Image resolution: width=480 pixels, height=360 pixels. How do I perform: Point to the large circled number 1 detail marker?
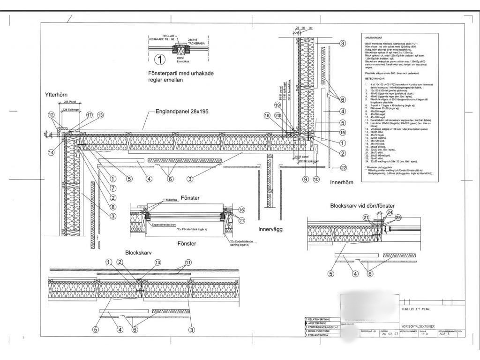click(160, 59)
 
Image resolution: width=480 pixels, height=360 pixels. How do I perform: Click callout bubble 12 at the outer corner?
click(51, 115)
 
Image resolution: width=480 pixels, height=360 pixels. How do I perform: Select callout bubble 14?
click(51, 151)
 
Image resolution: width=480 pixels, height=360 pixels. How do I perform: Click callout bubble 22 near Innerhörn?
click(343, 167)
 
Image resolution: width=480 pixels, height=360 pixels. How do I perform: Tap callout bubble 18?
click(267, 115)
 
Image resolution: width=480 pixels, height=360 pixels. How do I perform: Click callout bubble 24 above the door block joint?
click(390, 212)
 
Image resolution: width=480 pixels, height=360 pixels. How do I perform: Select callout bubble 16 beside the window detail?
click(242, 210)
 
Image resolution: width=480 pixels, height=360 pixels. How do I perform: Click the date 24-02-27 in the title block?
click(390, 334)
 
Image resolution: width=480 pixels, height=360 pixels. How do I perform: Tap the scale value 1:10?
click(425, 334)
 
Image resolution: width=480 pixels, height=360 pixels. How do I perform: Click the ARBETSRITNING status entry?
click(317, 323)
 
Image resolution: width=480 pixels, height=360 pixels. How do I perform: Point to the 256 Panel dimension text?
click(69, 102)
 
